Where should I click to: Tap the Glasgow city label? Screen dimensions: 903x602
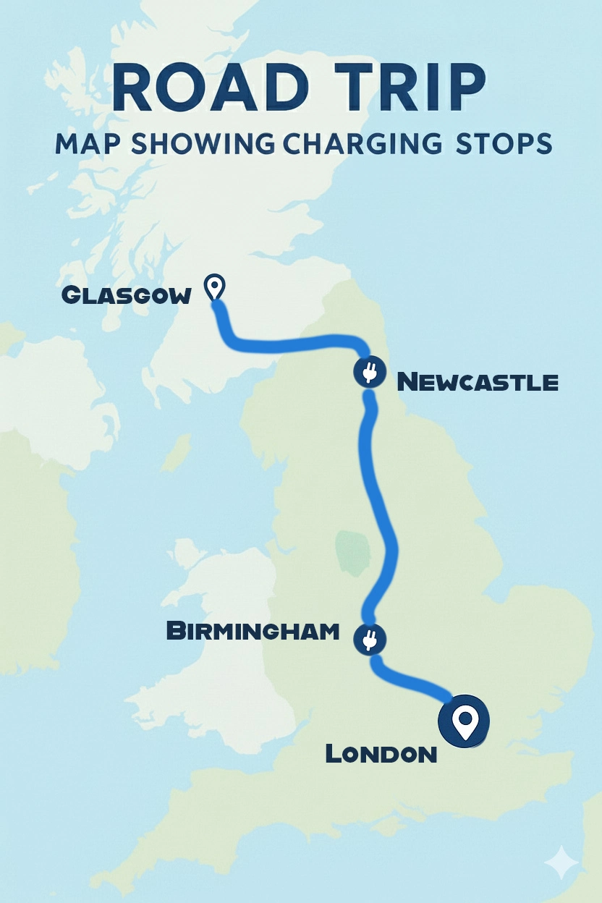click(127, 295)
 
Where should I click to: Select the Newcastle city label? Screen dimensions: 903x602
click(478, 381)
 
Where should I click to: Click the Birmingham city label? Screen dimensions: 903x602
click(253, 631)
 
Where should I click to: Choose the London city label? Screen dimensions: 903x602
click(381, 754)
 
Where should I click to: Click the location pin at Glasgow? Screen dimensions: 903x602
click(215, 287)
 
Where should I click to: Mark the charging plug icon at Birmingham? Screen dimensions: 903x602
click(370, 639)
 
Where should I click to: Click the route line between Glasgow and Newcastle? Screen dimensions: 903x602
click(289, 344)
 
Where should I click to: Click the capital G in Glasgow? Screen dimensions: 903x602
click(71, 295)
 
